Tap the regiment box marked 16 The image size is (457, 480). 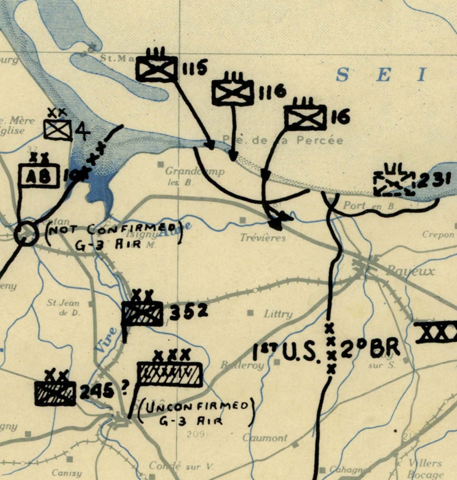305,117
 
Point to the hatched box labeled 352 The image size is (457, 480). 142,314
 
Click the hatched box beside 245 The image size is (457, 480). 55,393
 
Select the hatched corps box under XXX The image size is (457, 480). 170,374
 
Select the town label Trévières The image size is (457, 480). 263,238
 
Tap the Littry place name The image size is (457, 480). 278,314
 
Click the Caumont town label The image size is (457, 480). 265,438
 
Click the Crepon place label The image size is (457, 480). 438,235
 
